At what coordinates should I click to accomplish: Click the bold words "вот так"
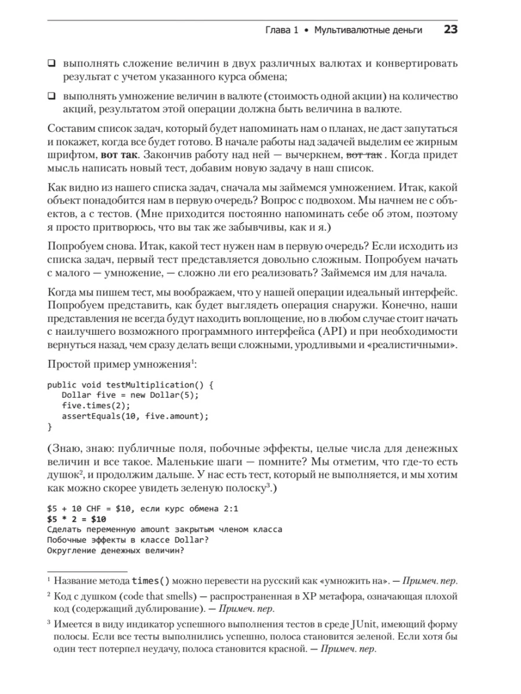[119, 155]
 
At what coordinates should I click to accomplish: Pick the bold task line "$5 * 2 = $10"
[76, 519]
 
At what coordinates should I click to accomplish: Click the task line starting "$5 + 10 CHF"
[142, 509]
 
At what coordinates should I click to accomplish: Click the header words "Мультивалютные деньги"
[368, 29]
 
